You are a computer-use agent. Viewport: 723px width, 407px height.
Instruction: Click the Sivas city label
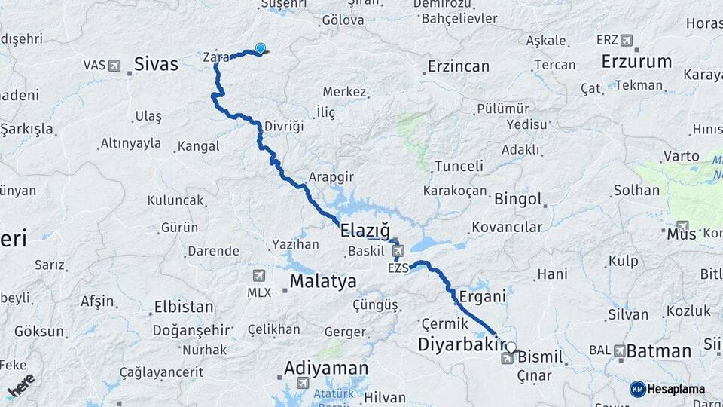coord(156,64)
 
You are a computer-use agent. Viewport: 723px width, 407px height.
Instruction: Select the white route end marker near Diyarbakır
coord(511,347)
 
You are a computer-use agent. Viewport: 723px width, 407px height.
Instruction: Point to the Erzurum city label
coord(636,62)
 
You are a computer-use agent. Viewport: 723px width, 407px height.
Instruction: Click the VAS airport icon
coord(114,66)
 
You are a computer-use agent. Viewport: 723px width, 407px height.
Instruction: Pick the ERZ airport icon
coord(626,40)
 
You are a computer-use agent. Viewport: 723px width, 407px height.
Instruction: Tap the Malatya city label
coord(323,282)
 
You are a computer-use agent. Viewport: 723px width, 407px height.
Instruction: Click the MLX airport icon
coord(260,276)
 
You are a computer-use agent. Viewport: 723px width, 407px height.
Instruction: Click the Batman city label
coord(658,350)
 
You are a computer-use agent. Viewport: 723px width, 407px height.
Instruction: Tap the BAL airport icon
coord(619,350)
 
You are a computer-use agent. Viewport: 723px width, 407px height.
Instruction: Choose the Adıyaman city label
coord(326,368)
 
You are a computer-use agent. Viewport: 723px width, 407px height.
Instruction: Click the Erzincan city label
coord(458,66)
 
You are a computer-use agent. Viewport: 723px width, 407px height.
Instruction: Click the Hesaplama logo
coord(667,389)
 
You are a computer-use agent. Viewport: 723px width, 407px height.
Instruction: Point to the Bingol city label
coord(517,200)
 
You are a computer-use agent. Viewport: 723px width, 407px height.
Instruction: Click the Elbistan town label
coord(184,308)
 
